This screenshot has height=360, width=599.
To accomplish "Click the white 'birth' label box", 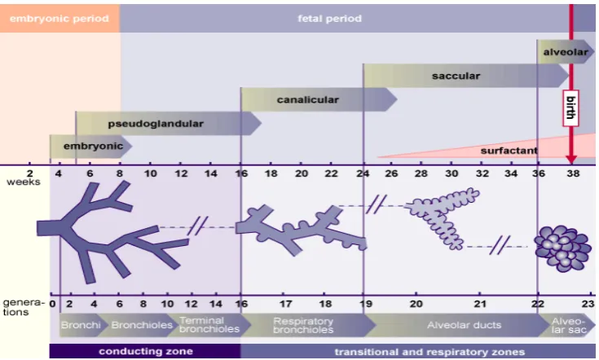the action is pyautogui.click(x=570, y=108).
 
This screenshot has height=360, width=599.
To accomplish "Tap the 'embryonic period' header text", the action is pyautogui.click(x=59, y=19).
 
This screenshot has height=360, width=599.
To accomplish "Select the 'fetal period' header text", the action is pyautogui.click(x=330, y=19).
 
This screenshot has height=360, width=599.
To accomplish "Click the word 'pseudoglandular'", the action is pyautogui.click(x=156, y=124).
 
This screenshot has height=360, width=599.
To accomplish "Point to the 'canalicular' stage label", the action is pyautogui.click(x=308, y=99).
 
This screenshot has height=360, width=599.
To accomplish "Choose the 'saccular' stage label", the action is pyautogui.click(x=456, y=76).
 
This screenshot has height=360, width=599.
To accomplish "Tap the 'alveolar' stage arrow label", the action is pyautogui.click(x=566, y=52).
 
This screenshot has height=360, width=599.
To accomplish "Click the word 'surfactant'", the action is pyautogui.click(x=509, y=151).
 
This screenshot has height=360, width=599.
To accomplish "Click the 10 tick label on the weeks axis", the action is pyautogui.click(x=151, y=173).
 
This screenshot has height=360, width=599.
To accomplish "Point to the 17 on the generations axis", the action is pyautogui.click(x=286, y=304).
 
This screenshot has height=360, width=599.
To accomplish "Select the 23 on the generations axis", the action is pyautogui.click(x=588, y=304).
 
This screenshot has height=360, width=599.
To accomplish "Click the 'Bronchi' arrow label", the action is pyautogui.click(x=81, y=325).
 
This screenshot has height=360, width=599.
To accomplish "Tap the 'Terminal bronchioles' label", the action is pyautogui.click(x=209, y=325).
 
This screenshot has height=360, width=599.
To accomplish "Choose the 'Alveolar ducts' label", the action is pyautogui.click(x=465, y=325).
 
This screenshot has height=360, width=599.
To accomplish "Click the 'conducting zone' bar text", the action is pyautogui.click(x=146, y=351).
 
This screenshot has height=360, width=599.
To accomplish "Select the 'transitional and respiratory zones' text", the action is pyautogui.click(x=429, y=352).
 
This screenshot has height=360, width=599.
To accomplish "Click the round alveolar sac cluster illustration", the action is pyautogui.click(x=562, y=248).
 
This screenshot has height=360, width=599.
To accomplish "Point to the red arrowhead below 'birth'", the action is pyautogui.click(x=571, y=159).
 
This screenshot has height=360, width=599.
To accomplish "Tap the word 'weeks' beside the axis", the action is pyautogui.click(x=24, y=182).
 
